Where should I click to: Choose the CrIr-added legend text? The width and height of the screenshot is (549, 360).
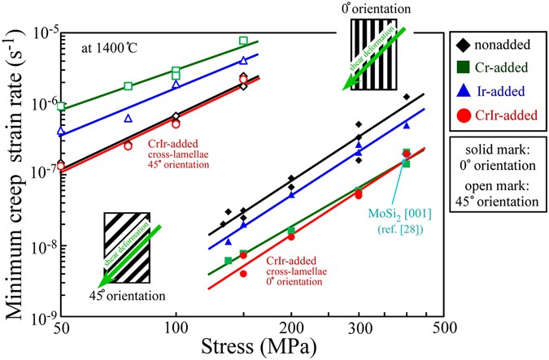(509, 115)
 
